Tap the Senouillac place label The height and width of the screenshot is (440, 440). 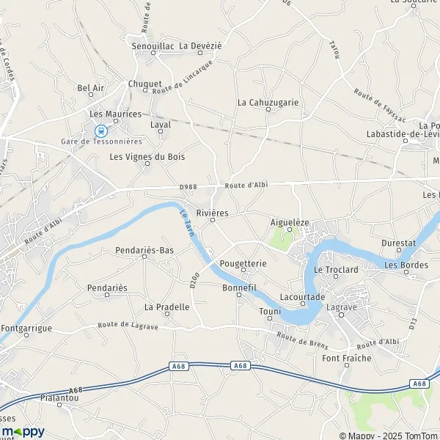point(152,45)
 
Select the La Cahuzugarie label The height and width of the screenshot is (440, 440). point(268,103)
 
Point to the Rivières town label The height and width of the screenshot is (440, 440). point(213,213)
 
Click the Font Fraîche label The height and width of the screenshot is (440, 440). point(347,358)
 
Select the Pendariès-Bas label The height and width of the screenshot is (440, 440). point(144,250)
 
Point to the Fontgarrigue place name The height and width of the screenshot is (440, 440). point(27,328)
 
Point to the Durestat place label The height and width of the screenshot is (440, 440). point(398,242)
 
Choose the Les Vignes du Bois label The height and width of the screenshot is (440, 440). point(147,156)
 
